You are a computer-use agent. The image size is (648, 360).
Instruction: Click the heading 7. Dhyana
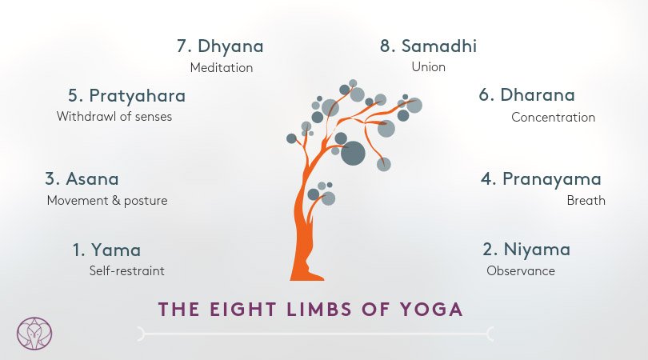tap(220, 46)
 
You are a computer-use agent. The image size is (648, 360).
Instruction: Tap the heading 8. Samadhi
tap(428, 46)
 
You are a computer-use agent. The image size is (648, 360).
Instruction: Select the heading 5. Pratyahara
tap(127, 96)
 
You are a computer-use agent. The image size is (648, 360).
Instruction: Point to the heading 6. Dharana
tap(526, 94)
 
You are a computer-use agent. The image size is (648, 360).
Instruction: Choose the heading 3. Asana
tap(82, 179)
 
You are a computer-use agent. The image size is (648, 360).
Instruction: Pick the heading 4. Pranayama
tap(541, 179)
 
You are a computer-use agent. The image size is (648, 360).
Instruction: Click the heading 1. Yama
tap(106, 250)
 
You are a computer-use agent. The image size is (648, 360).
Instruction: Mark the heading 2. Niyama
tap(526, 250)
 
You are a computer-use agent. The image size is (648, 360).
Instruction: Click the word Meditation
tap(222, 67)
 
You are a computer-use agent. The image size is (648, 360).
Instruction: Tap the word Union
tap(429, 66)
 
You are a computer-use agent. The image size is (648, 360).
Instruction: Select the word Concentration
tap(554, 117)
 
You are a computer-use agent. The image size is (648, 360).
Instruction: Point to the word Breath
tap(586, 201)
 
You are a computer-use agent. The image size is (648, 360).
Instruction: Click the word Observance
tap(521, 270)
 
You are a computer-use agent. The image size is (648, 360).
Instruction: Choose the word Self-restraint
tap(127, 270)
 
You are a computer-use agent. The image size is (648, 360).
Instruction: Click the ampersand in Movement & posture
tap(116, 201)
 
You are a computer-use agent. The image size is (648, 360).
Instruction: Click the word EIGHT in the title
tap(242, 310)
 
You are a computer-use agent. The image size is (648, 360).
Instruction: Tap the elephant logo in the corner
tap(34, 333)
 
